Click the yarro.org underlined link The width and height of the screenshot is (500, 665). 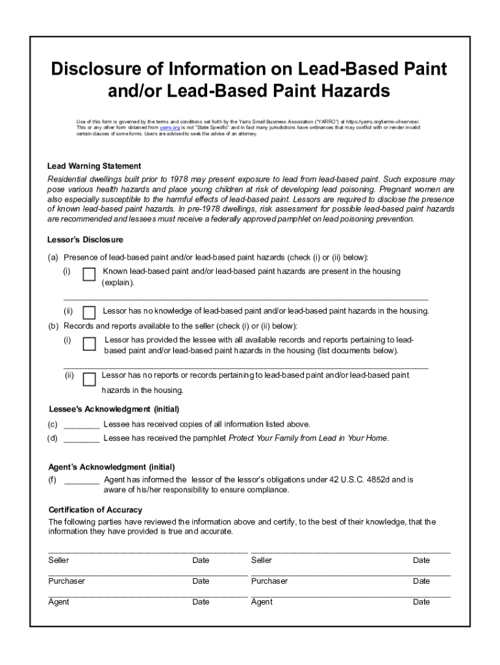(x=169, y=128)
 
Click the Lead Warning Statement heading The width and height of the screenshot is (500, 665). (x=94, y=166)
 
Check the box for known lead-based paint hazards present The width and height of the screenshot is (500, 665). (x=89, y=275)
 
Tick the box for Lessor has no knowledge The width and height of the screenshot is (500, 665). (x=89, y=312)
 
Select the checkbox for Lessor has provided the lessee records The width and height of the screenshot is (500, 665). (x=89, y=344)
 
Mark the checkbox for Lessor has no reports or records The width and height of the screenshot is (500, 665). (x=89, y=379)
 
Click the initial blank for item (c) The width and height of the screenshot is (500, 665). (x=82, y=425)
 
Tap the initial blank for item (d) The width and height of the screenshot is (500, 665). (x=82, y=439)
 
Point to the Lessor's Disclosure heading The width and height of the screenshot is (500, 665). (x=85, y=240)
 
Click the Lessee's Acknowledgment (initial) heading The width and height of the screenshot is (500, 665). (x=114, y=410)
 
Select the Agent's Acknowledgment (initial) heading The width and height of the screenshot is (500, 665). (x=111, y=467)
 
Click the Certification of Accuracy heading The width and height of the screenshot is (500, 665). (x=95, y=510)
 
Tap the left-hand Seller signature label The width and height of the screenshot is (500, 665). (x=58, y=560)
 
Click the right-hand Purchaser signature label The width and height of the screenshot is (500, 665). (x=269, y=581)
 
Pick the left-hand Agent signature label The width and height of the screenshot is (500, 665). (x=58, y=602)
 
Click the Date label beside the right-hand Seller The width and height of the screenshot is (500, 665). (x=421, y=560)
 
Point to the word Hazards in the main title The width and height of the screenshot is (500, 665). (x=347, y=91)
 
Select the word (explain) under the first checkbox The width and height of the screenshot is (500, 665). (x=118, y=283)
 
